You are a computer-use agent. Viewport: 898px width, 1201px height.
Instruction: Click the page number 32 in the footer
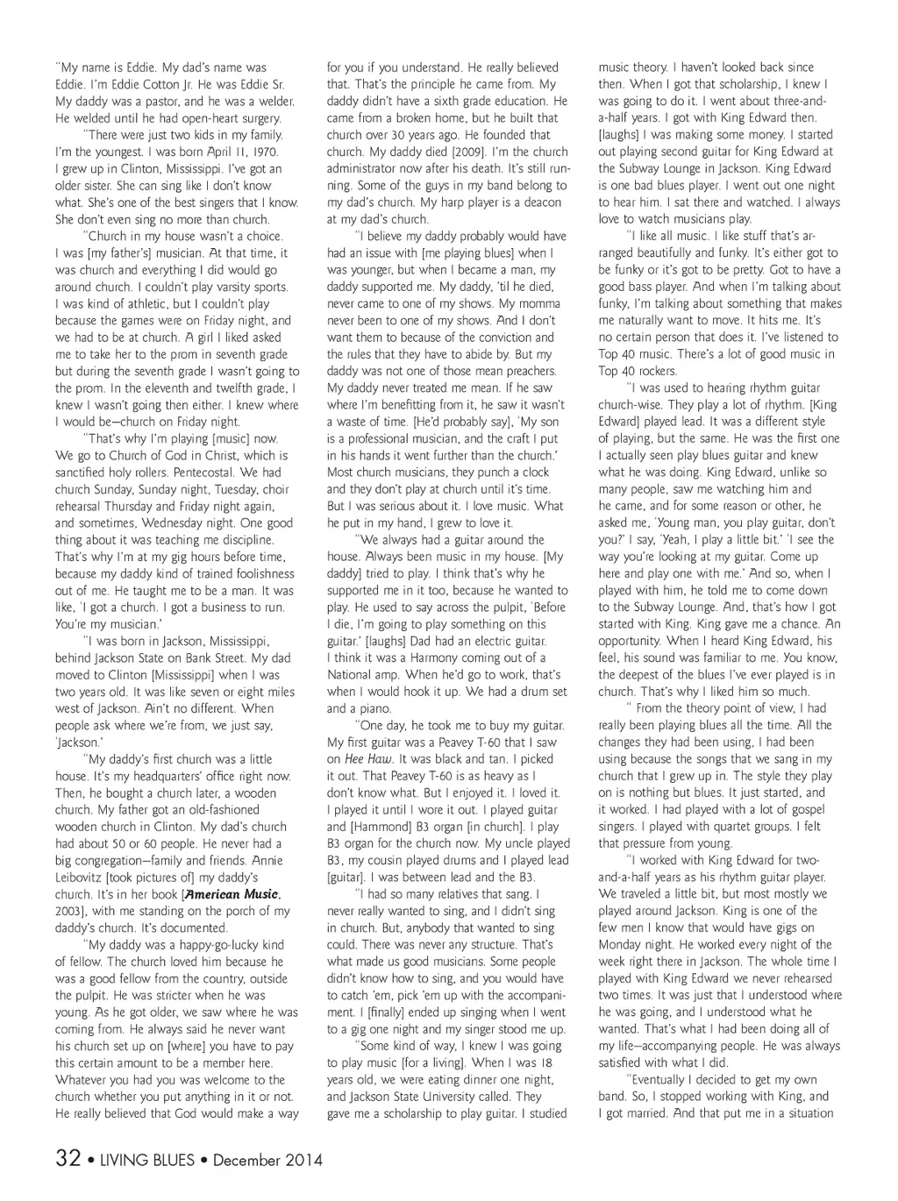pos(68,1158)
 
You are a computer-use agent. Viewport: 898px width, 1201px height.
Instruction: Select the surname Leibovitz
pos(83,878)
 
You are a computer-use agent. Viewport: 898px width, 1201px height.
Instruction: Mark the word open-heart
pos(181,118)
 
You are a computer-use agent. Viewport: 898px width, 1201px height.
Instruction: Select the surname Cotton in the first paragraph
pos(149,84)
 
